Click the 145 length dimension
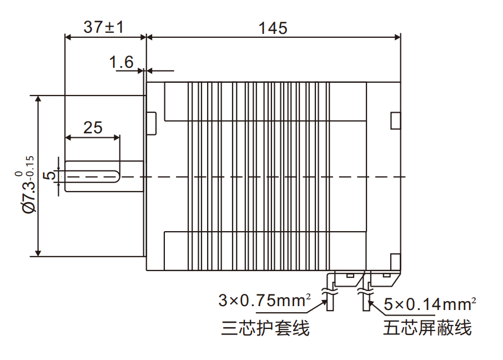(273, 28)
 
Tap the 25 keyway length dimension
(93, 128)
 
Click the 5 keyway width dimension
(49, 176)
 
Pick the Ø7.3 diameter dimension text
(28, 183)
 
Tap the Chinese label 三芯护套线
(265, 328)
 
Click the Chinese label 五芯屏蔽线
(427, 328)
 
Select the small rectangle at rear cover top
(395, 121)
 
